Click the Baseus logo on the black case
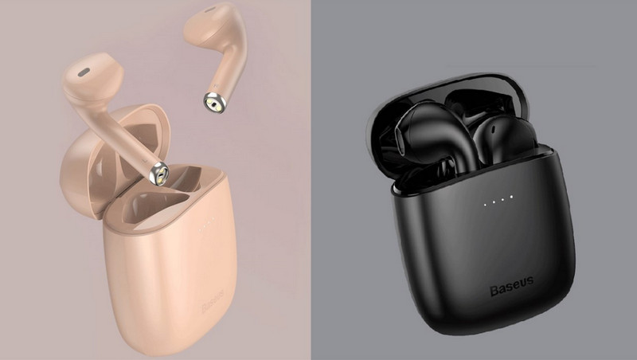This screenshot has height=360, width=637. coord(511,287)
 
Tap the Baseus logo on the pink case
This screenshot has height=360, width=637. coord(213,301)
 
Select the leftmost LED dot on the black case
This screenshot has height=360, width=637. coord(485,205)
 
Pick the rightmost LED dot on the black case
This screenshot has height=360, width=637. coord(511,197)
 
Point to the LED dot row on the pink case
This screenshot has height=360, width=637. coord(206,225)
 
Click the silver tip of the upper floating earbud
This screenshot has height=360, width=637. coord(214,103)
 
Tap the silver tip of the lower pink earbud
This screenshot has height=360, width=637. coord(158,174)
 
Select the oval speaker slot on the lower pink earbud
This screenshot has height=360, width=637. coord(84,72)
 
